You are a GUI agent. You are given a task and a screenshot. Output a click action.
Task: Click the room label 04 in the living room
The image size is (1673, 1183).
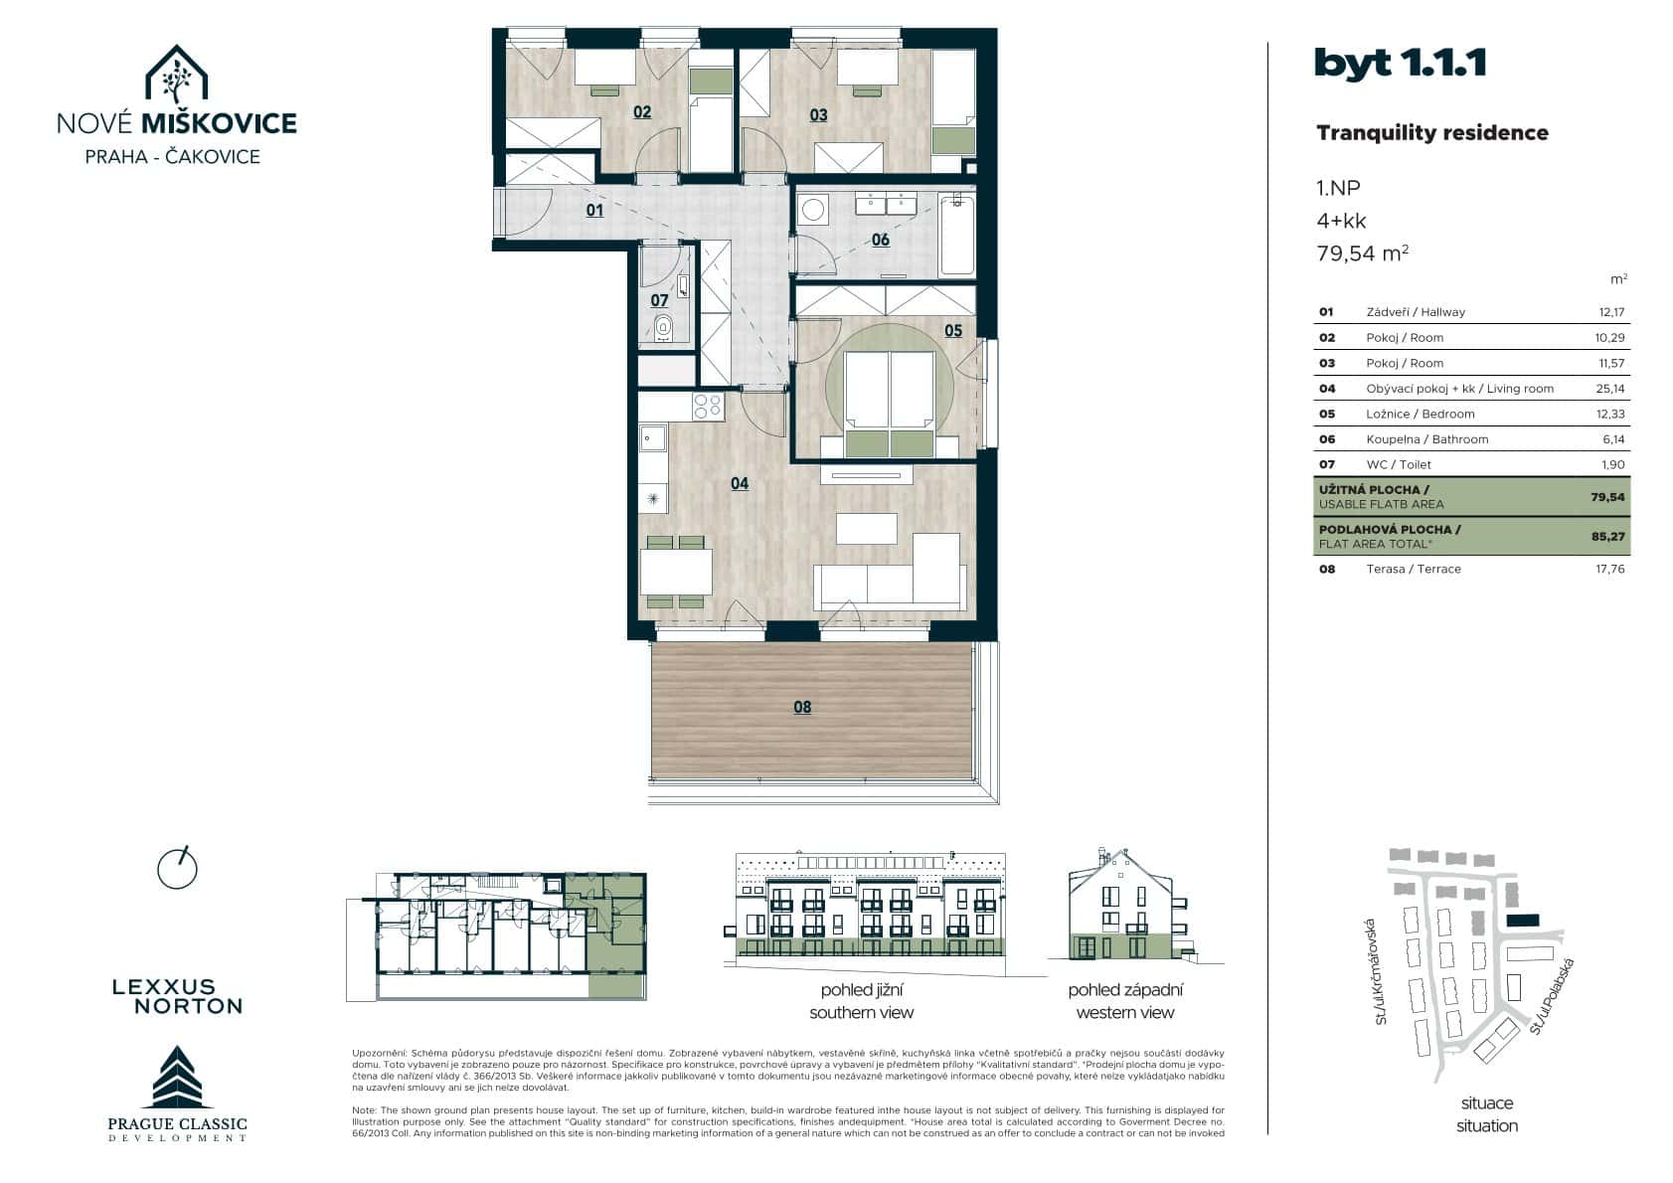739,483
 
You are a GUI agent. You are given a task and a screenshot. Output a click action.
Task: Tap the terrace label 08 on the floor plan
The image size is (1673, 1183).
802,707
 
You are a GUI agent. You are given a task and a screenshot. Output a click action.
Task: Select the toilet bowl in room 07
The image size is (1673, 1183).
663,325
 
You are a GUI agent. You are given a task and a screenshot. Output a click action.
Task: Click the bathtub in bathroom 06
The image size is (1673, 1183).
956,235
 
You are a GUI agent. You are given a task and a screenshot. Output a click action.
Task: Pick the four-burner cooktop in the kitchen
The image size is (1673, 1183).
708,406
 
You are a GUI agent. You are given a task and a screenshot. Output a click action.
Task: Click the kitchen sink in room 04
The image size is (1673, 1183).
653,436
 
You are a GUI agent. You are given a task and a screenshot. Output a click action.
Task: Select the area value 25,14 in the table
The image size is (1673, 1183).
1605,389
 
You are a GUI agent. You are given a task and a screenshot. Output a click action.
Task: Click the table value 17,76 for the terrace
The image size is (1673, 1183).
1605,569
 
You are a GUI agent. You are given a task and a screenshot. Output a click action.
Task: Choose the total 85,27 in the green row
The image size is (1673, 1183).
1606,536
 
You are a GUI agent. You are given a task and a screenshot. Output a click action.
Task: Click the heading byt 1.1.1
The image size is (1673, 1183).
1400,64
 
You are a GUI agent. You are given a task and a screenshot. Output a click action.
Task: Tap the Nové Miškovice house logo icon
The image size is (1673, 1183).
176,75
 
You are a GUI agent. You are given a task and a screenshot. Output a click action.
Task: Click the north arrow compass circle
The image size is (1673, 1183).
178,869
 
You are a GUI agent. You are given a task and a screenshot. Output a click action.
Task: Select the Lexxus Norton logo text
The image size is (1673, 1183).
177,996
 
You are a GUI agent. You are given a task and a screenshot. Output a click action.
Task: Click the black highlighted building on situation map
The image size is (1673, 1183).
1522,921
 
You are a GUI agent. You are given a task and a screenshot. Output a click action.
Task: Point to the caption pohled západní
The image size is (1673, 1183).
1125,990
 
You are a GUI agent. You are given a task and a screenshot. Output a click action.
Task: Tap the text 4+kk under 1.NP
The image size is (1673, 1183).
1341,221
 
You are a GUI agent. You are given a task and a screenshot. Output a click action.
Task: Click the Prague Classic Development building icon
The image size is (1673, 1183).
177,1078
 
